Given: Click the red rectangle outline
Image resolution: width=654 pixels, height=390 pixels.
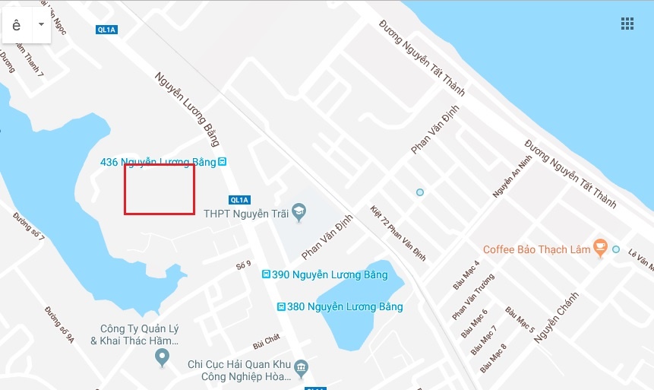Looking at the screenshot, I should [160, 189].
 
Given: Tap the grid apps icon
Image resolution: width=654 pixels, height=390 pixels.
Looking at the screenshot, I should [627, 24].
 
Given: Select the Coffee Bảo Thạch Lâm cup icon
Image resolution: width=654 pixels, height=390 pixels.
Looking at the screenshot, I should [600, 248].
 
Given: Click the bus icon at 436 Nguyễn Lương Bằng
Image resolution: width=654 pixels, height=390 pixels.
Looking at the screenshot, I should [222, 162].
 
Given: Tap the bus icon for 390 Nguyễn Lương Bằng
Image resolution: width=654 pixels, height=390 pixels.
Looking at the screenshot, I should [265, 274].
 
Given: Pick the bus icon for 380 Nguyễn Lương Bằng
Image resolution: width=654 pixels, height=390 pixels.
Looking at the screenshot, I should [282, 307].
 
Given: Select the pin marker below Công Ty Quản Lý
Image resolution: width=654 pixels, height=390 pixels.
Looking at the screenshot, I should [161, 357].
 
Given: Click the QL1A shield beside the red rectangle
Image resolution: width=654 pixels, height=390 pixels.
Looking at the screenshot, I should [239, 200].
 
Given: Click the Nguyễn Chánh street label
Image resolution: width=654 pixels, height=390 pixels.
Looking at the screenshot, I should [556, 318].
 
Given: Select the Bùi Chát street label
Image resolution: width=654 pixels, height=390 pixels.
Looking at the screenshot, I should [267, 337].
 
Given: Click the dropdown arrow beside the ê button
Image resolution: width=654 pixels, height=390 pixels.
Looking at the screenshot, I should [41, 24].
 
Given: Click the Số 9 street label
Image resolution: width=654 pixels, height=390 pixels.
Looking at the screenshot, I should [244, 265].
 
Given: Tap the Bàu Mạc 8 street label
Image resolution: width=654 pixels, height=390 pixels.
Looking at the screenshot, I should [493, 358].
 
